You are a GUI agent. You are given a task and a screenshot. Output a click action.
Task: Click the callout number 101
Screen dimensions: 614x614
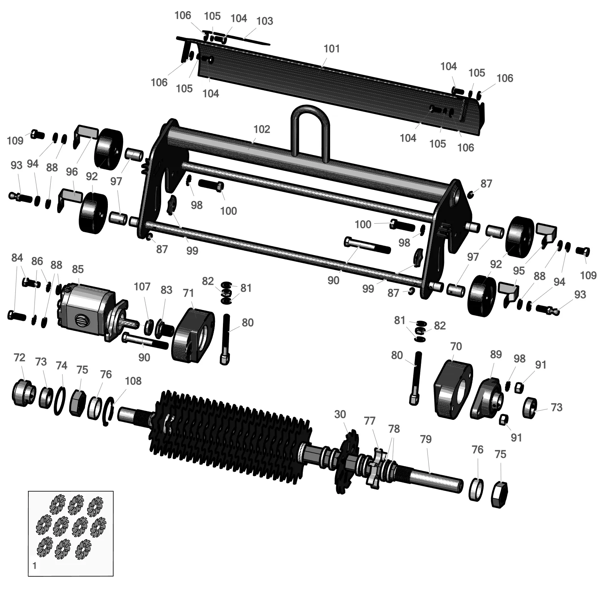click(x=332, y=49)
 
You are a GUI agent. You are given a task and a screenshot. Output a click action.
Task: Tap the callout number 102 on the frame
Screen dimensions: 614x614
click(x=262, y=129)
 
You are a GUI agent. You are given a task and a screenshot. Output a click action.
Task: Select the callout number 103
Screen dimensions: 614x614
click(x=264, y=21)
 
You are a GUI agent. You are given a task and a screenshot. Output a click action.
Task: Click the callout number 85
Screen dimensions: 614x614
click(x=78, y=269)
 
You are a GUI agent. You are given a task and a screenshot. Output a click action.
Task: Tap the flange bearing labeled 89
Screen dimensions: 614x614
click(x=487, y=398)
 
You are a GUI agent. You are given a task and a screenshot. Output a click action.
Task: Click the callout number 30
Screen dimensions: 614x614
click(x=340, y=414)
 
